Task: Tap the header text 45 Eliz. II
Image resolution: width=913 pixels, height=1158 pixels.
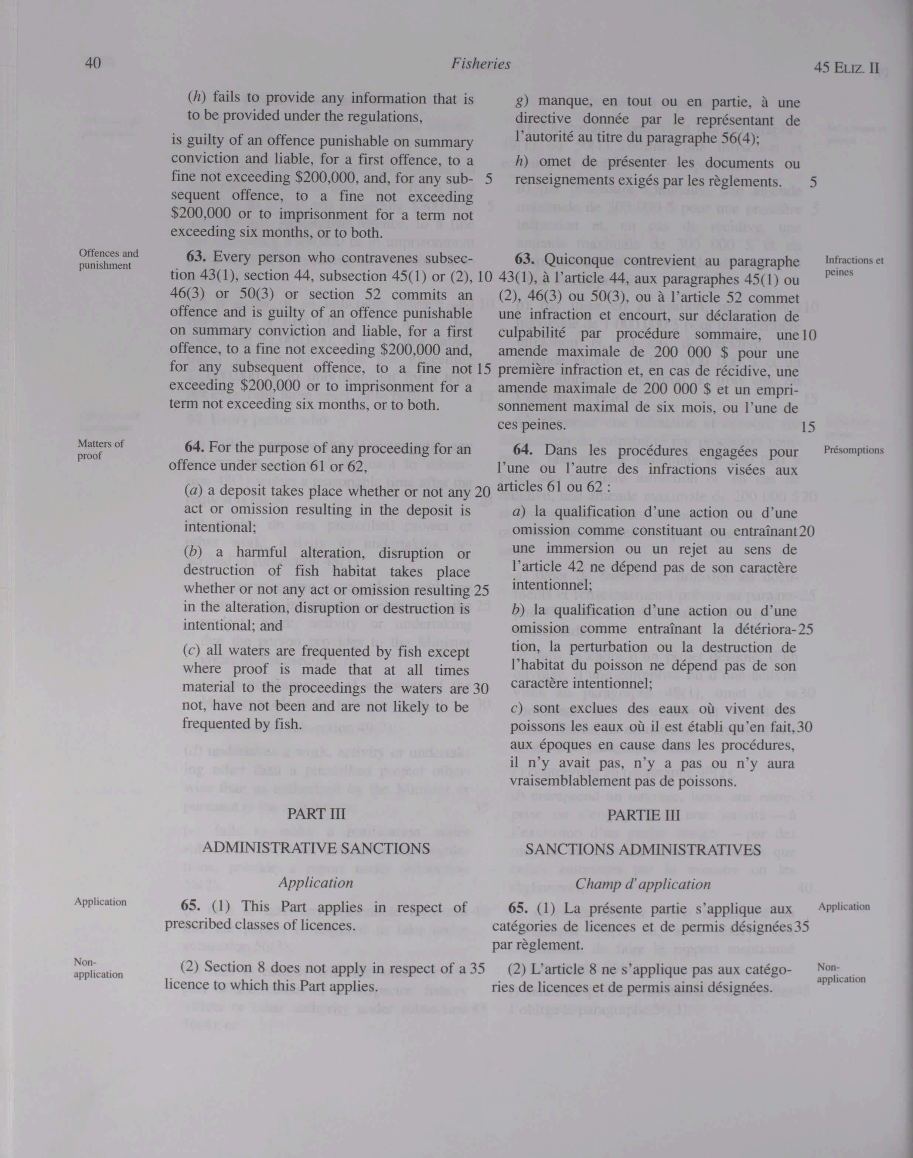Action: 846,68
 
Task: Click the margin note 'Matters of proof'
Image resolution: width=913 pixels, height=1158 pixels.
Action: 101,449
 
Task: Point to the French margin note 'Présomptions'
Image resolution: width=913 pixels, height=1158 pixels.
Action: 853,450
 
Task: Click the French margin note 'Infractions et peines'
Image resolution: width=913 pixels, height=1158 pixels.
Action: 854,266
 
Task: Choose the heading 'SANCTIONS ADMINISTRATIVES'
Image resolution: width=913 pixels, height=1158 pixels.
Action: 643,850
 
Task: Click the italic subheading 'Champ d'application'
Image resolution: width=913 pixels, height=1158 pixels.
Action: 643,884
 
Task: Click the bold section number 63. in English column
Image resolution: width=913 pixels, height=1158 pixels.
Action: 197,257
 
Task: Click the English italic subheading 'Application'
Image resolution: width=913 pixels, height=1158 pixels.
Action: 316,883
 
